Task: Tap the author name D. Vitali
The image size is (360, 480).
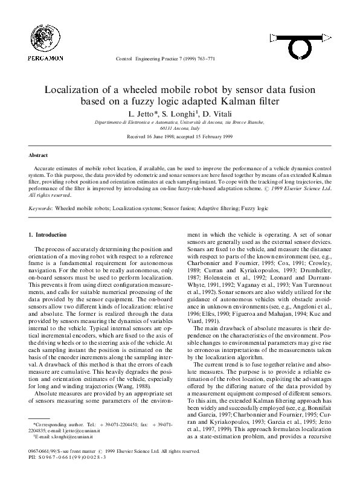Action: [x=216, y=113]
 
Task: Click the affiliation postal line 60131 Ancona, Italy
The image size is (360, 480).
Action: [x=179, y=128]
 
